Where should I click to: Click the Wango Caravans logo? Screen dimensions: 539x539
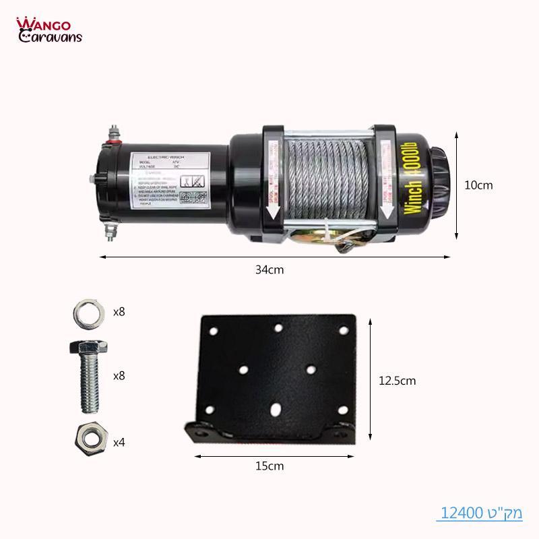pyautogui.click(x=49, y=30)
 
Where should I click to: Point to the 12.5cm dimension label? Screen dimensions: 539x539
pyautogui.click(x=397, y=381)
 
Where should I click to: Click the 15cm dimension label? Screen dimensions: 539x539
pyautogui.click(x=269, y=466)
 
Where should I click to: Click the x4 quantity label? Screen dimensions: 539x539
pyautogui.click(x=119, y=443)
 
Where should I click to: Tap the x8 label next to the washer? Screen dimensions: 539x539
pyautogui.click(x=119, y=312)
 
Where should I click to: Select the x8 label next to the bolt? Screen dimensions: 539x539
pyautogui.click(x=119, y=375)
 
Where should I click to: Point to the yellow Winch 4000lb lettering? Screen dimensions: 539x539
pyautogui.click(x=413, y=179)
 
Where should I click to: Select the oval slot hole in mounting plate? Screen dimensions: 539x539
pyautogui.click(x=277, y=409)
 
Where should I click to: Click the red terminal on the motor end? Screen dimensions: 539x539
pyautogui.click(x=118, y=141)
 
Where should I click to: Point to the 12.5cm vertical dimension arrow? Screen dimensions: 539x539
pyautogui.click(x=369, y=380)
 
